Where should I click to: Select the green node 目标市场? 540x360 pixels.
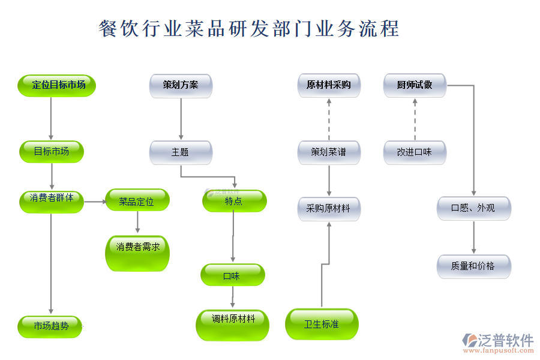51,151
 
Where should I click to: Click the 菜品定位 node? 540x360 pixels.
137,201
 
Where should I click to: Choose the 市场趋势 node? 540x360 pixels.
51,326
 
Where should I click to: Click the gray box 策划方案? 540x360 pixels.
181,85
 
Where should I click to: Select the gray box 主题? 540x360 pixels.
181,152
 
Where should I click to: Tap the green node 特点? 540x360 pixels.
234,201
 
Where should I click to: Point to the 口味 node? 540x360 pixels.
232,275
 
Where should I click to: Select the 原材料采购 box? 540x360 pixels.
329,85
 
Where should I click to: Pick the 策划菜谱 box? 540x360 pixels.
329,152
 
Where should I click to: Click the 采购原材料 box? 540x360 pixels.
329,208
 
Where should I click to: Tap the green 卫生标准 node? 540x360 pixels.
321,324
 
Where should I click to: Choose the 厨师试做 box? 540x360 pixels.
415,85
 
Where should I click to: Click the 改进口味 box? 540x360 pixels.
415,152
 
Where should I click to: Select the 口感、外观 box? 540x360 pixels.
473,208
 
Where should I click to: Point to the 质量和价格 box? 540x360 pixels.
473,266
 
